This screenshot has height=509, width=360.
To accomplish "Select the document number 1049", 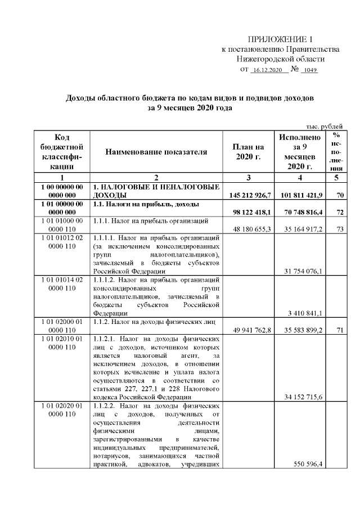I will [x=310, y=71].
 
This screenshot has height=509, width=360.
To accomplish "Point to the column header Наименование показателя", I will [x=157, y=152].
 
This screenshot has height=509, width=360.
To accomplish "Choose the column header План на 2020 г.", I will [x=248, y=152].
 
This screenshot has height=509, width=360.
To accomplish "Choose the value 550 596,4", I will [x=310, y=464].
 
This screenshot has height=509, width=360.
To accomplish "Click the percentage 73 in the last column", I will [x=336, y=229].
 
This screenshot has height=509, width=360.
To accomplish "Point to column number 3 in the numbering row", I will [x=248, y=177].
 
